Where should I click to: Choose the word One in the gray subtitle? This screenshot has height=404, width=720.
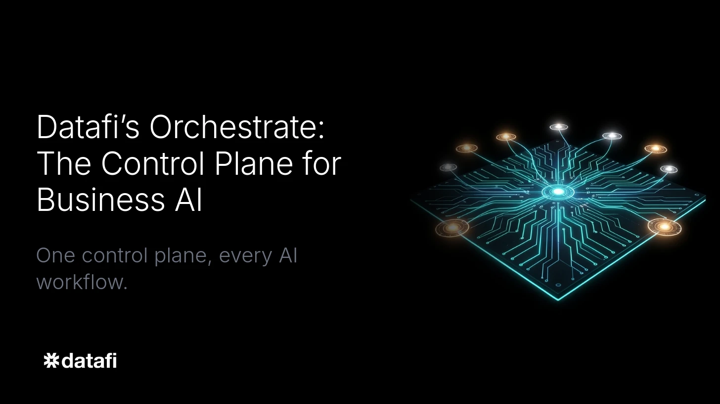point(55,255)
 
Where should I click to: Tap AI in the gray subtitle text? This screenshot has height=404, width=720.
point(288,255)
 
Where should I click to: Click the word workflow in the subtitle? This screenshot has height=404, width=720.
point(79,282)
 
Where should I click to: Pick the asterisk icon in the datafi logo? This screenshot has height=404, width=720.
point(51,361)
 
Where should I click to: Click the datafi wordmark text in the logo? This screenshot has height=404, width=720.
point(89,360)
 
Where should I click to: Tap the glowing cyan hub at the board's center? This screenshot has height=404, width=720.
point(558,191)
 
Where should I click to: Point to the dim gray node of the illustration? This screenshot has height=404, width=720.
point(448,167)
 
